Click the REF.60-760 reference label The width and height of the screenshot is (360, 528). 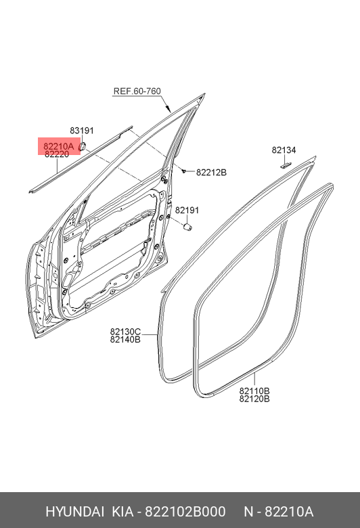pos(137,91)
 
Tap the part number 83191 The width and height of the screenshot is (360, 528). pos(82,131)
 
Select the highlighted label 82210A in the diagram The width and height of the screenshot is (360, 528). pos(59,146)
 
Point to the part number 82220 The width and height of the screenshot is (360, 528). pos(57,154)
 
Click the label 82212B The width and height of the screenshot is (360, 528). pos(212,173)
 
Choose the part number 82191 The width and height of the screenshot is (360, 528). pos(187,210)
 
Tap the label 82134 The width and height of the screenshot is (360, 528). pos(284,150)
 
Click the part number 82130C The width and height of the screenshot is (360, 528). pos(125,332)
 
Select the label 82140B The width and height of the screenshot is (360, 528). pos(125,339)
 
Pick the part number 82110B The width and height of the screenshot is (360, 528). pos(254,391)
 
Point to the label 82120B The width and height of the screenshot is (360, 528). pos(254,399)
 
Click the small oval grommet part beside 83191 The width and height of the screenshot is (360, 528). pos(82,146)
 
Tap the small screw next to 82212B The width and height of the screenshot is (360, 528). pos(183,171)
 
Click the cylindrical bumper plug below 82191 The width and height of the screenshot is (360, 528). pos(187,227)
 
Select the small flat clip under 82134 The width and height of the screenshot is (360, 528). pos(286,165)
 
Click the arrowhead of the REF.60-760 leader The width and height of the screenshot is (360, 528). pos(169,109)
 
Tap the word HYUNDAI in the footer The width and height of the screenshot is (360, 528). pos(74,512)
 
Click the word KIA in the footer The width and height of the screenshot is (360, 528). pos(122,512)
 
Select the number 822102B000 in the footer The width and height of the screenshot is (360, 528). pos(185,512)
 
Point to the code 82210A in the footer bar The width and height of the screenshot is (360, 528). pos(289,512)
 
